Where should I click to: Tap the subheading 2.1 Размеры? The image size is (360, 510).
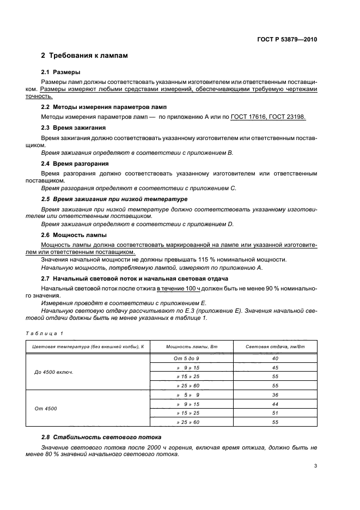point(61,72)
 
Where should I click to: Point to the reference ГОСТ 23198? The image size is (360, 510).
point(289,117)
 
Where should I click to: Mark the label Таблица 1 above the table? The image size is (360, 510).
point(45,332)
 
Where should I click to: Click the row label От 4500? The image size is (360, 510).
point(46,408)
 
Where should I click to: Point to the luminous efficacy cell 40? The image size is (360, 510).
point(274,358)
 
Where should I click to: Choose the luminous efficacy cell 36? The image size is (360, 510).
point(274,394)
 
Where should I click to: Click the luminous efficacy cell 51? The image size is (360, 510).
point(274,412)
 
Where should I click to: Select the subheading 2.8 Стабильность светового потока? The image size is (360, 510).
point(100,437)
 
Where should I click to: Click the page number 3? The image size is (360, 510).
point(316,466)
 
